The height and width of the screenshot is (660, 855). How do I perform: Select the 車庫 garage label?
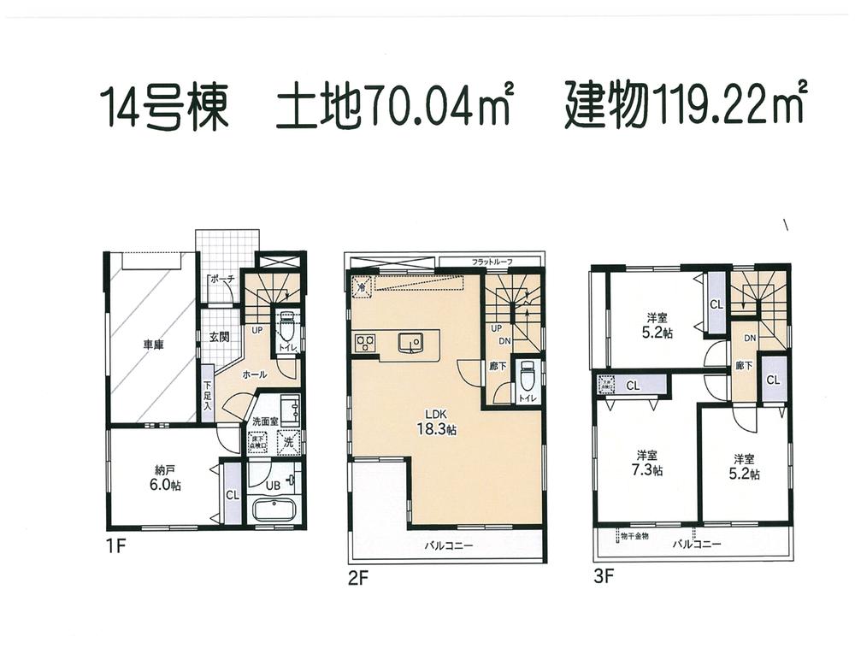[153, 345]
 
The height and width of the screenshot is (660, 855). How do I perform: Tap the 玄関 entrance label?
[219, 336]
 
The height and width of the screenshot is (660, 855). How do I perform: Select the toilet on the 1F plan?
[286, 329]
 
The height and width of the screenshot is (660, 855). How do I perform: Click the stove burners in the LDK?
[365, 344]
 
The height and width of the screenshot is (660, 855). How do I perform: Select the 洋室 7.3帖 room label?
[650, 462]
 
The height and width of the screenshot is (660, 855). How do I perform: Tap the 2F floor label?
[358, 577]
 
